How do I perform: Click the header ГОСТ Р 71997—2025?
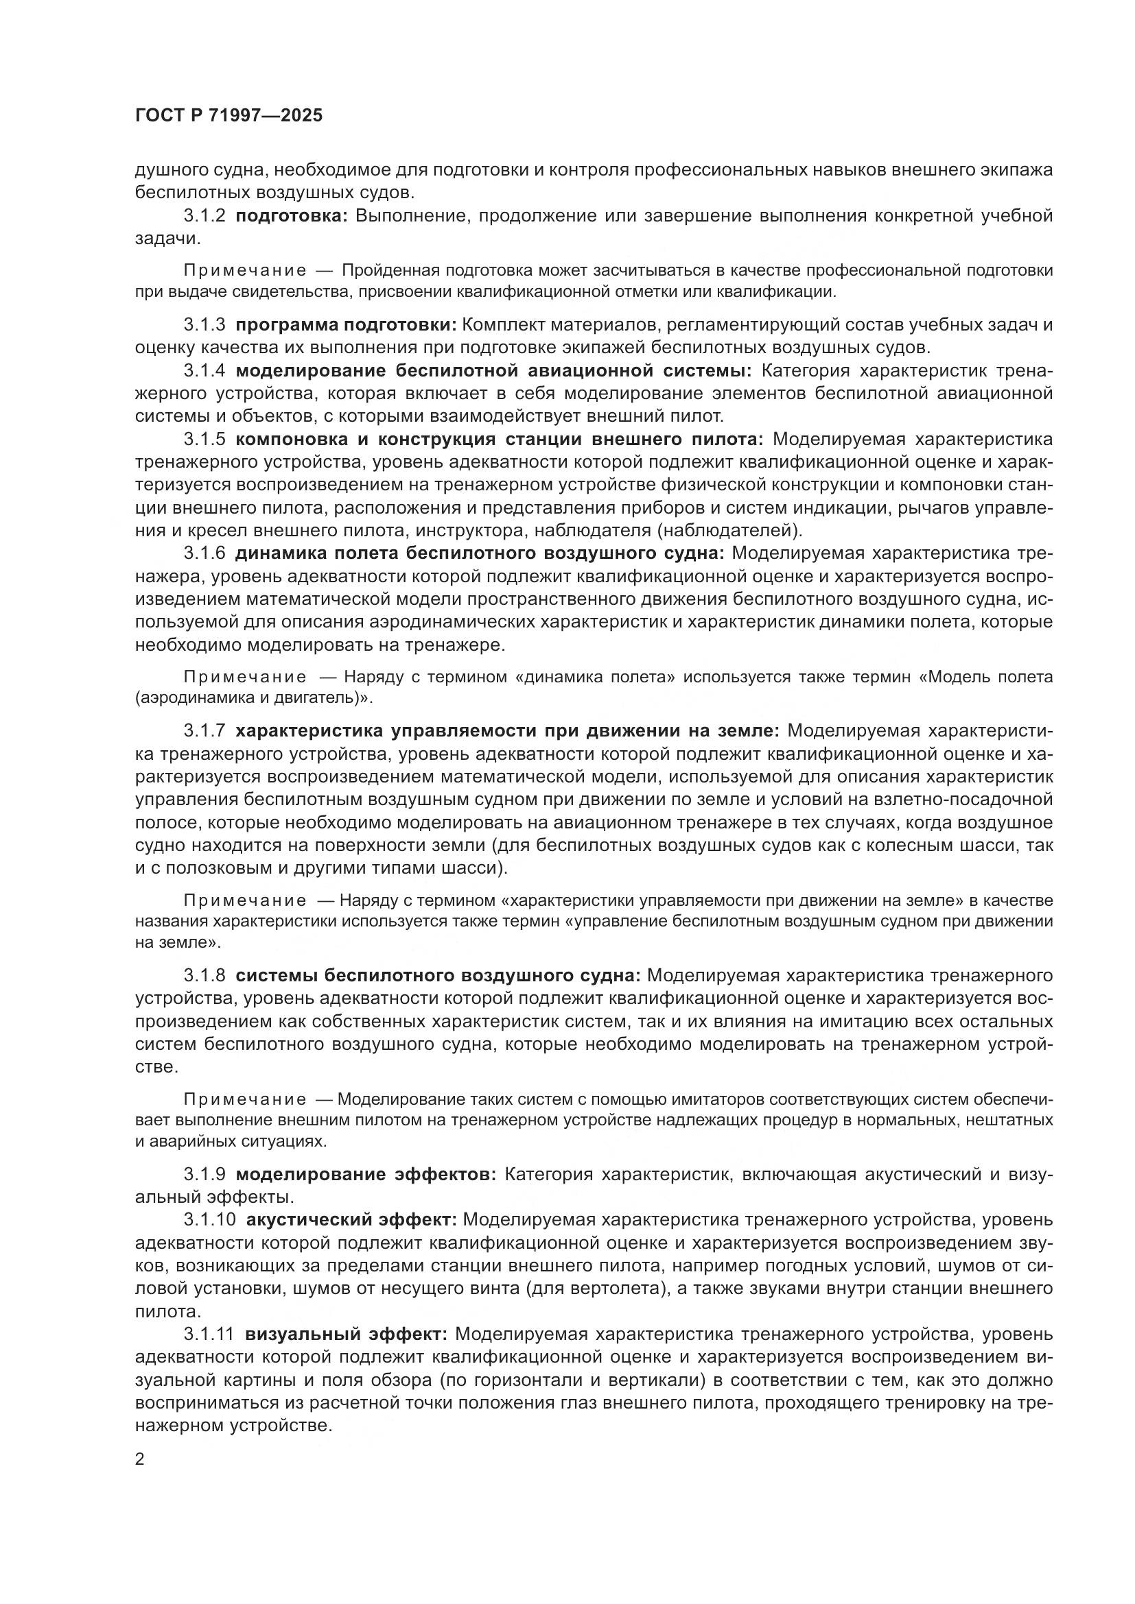[x=229, y=115]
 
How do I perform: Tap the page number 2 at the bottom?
[x=140, y=1459]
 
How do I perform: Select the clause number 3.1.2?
[x=204, y=216]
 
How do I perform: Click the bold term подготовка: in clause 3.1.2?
[x=292, y=216]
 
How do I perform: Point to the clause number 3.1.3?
[x=204, y=325]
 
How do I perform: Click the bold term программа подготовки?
[x=345, y=325]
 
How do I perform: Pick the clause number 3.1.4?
[x=204, y=370]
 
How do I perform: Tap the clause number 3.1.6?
[x=204, y=553]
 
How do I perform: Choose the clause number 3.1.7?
[x=204, y=731]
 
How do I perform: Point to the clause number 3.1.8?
[x=204, y=975]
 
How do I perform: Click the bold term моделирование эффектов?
[x=366, y=1174]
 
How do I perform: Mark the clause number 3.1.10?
[x=209, y=1220]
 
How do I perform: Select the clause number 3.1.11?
[x=209, y=1334]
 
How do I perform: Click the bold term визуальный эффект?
[x=346, y=1334]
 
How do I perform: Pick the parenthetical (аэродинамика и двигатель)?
[x=252, y=697]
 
